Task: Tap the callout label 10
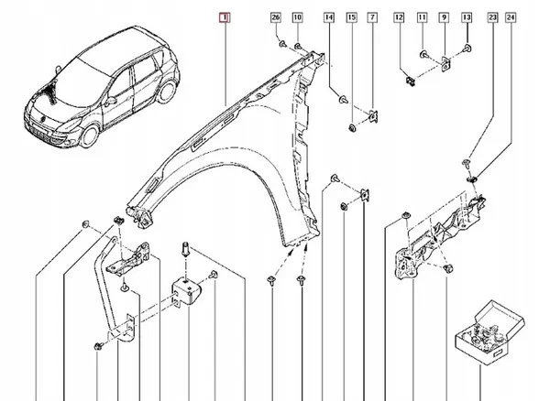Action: [x=298, y=18]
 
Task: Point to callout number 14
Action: [x=329, y=18]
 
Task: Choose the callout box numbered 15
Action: [x=351, y=18]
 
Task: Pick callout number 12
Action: [x=399, y=18]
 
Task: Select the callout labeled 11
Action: [x=422, y=18]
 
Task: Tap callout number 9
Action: [x=444, y=18]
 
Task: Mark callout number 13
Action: [x=466, y=18]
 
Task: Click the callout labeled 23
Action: [x=493, y=18]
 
